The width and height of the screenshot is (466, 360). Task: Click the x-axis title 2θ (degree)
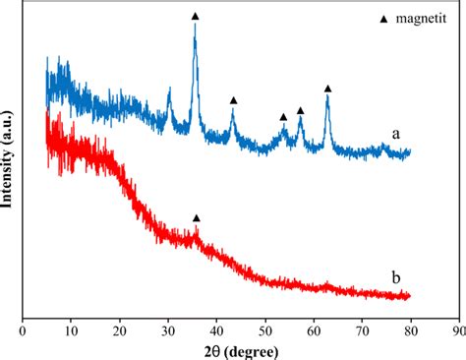click(x=240, y=351)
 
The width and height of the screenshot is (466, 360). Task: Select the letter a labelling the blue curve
click(x=395, y=134)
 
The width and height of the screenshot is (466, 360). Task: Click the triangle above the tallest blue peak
click(x=195, y=17)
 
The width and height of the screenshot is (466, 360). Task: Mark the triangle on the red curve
click(x=197, y=217)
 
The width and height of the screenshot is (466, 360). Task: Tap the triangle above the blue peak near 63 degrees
click(x=328, y=89)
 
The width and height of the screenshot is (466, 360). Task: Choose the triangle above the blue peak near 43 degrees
click(x=234, y=100)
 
